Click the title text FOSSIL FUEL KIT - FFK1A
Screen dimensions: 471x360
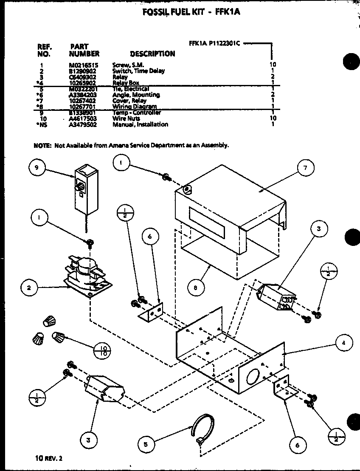[x=191, y=12]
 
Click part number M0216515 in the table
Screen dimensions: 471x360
[x=83, y=65]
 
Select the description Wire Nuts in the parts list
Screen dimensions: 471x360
[x=126, y=118]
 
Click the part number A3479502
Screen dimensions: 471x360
[x=83, y=124]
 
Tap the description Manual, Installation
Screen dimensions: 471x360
[x=140, y=124]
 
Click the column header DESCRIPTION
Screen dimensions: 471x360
[x=152, y=54]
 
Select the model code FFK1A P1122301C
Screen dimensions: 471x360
[x=216, y=43]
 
